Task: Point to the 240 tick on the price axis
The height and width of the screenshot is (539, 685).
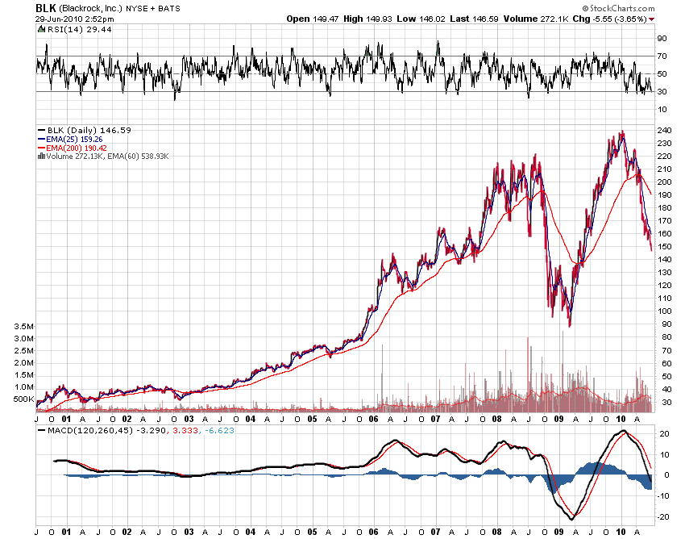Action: pyautogui.click(x=663, y=130)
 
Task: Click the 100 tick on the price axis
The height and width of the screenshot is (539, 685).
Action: pyautogui.click(x=663, y=311)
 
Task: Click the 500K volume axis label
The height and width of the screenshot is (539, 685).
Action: pyautogui.click(x=23, y=399)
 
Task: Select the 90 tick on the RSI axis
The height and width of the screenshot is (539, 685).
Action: pyautogui.click(x=661, y=38)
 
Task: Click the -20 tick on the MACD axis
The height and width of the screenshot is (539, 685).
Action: pyautogui.click(x=662, y=516)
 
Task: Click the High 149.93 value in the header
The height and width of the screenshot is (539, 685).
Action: pyautogui.click(x=378, y=18)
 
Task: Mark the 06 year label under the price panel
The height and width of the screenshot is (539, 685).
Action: pyautogui.click(x=374, y=419)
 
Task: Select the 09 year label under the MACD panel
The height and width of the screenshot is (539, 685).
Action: pyautogui.click(x=560, y=533)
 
